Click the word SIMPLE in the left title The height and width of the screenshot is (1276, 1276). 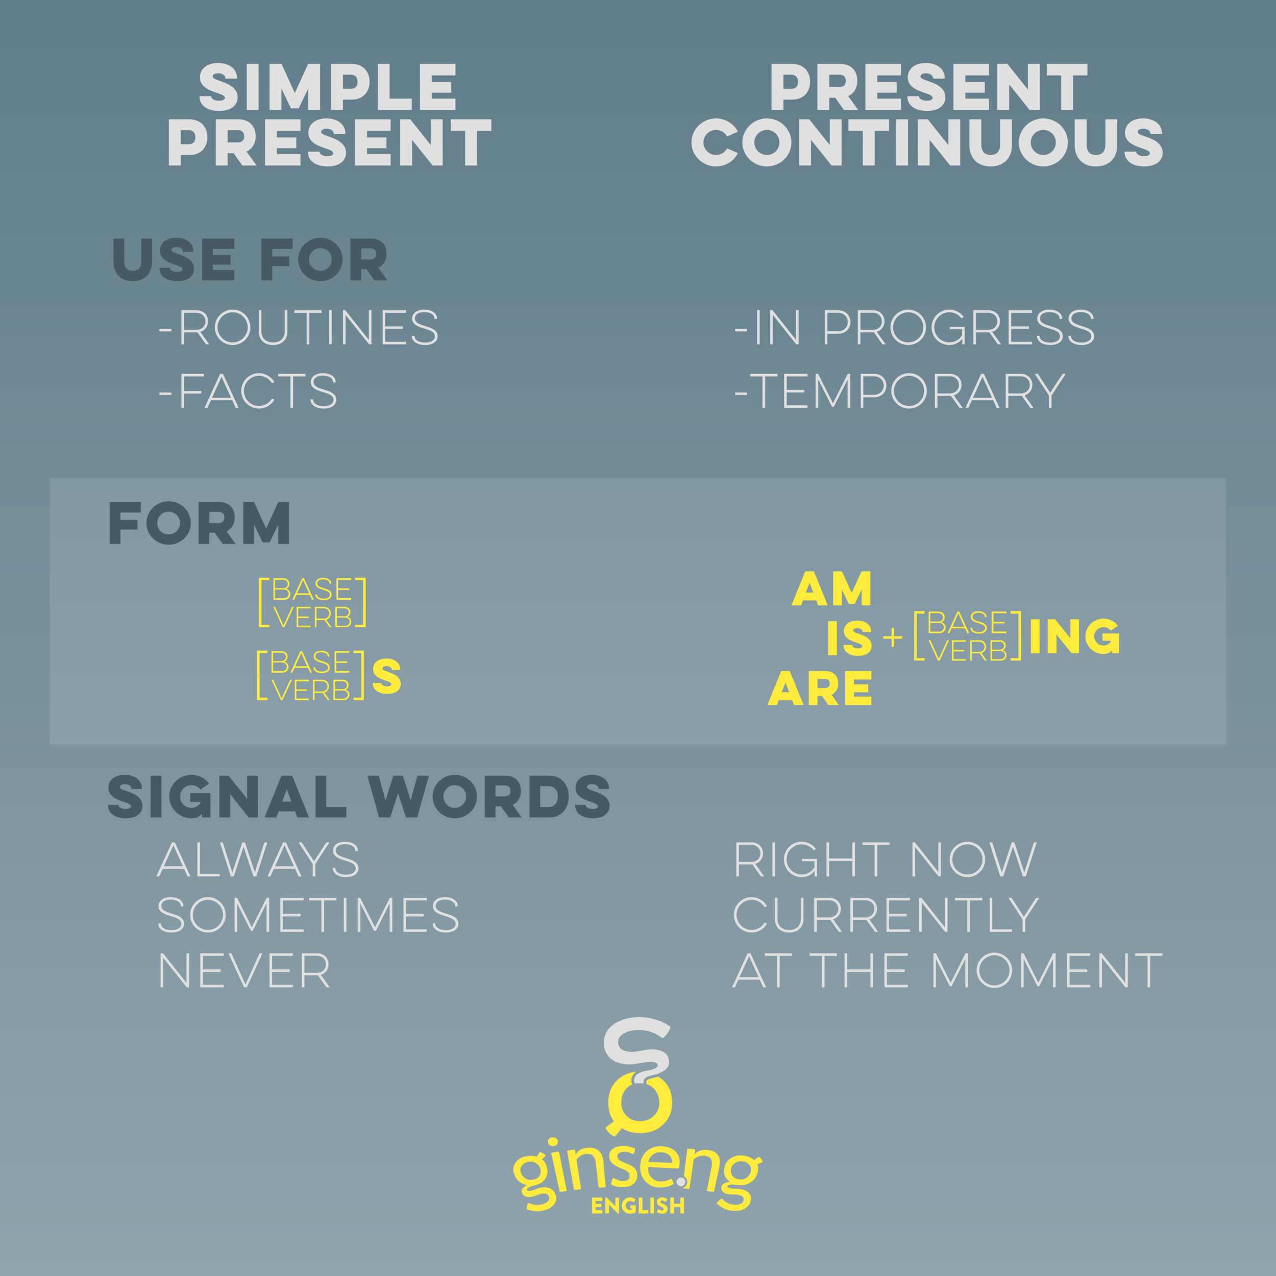328,87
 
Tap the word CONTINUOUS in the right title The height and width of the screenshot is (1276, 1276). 927,143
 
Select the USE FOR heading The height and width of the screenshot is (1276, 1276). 250,260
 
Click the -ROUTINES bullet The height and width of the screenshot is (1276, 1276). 299,327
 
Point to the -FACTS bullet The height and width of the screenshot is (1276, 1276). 249,390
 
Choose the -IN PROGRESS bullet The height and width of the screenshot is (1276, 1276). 915,327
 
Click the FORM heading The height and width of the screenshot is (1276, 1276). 199,523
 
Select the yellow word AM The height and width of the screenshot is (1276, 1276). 832,588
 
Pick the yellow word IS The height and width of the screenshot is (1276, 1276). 849,638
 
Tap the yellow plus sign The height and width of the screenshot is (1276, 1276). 892,637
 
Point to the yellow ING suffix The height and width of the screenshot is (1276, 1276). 1074,636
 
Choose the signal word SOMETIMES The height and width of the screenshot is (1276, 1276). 308,915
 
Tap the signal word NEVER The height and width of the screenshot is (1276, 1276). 244,970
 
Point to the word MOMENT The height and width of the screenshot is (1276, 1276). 1047,970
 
